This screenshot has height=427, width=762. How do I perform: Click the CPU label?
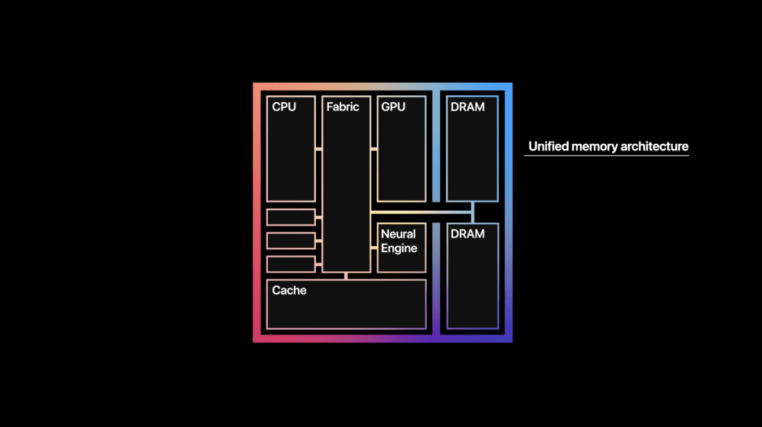284,107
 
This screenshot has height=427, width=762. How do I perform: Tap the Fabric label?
342,107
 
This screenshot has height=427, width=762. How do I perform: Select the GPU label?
393,107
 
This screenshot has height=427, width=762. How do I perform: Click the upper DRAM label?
467,107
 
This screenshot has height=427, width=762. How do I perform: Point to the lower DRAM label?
467,234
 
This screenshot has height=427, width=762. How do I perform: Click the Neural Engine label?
399,241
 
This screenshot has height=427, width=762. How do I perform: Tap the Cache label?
289,290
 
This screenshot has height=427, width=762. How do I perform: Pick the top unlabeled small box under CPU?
291,217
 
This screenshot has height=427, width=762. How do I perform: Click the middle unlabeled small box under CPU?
291,241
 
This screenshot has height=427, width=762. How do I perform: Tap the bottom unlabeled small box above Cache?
291,264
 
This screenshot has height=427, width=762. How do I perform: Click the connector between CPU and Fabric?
318,149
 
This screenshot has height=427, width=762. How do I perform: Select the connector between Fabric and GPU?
374,149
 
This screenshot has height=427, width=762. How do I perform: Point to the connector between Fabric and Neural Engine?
374,248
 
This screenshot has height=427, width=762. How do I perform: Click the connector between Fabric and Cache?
346,276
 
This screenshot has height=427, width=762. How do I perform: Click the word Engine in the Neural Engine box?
399,248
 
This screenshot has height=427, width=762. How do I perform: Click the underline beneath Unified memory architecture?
606,156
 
